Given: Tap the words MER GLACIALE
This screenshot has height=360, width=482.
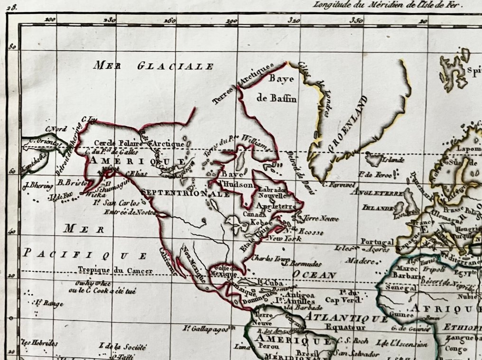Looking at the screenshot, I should pyautogui.click(x=154, y=66).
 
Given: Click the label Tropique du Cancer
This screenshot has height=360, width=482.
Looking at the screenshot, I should pyautogui.click(x=116, y=270).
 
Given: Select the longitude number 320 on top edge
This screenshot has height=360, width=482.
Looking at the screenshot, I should pyautogui.click(x=294, y=20).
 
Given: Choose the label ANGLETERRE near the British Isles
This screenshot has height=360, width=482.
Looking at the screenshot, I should pyautogui.click(x=377, y=192).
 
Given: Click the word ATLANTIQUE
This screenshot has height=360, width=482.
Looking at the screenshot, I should pyautogui.click(x=346, y=318).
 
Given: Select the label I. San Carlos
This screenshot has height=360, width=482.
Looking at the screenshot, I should pyautogui.click(x=116, y=203).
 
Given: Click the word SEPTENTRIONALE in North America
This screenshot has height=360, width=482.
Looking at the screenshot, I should pyautogui.click(x=185, y=194).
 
